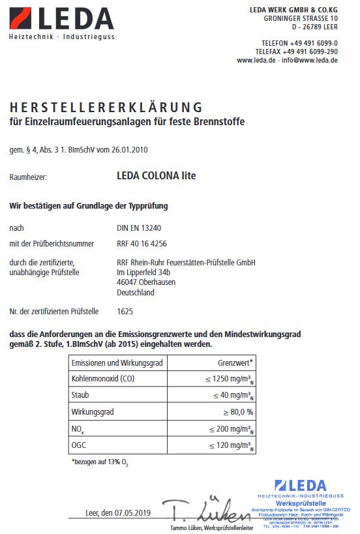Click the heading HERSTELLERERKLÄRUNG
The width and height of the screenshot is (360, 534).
pos(106,108)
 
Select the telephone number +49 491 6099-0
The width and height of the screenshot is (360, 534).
pos(308,42)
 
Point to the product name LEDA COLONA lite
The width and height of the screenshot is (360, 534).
pos(155,176)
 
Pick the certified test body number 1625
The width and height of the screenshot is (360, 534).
pos(125,312)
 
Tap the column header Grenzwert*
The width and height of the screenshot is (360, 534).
pos(235,363)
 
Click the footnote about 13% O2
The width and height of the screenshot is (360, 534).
pos(101,462)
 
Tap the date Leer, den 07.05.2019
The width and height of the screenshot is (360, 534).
pos(118,512)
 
